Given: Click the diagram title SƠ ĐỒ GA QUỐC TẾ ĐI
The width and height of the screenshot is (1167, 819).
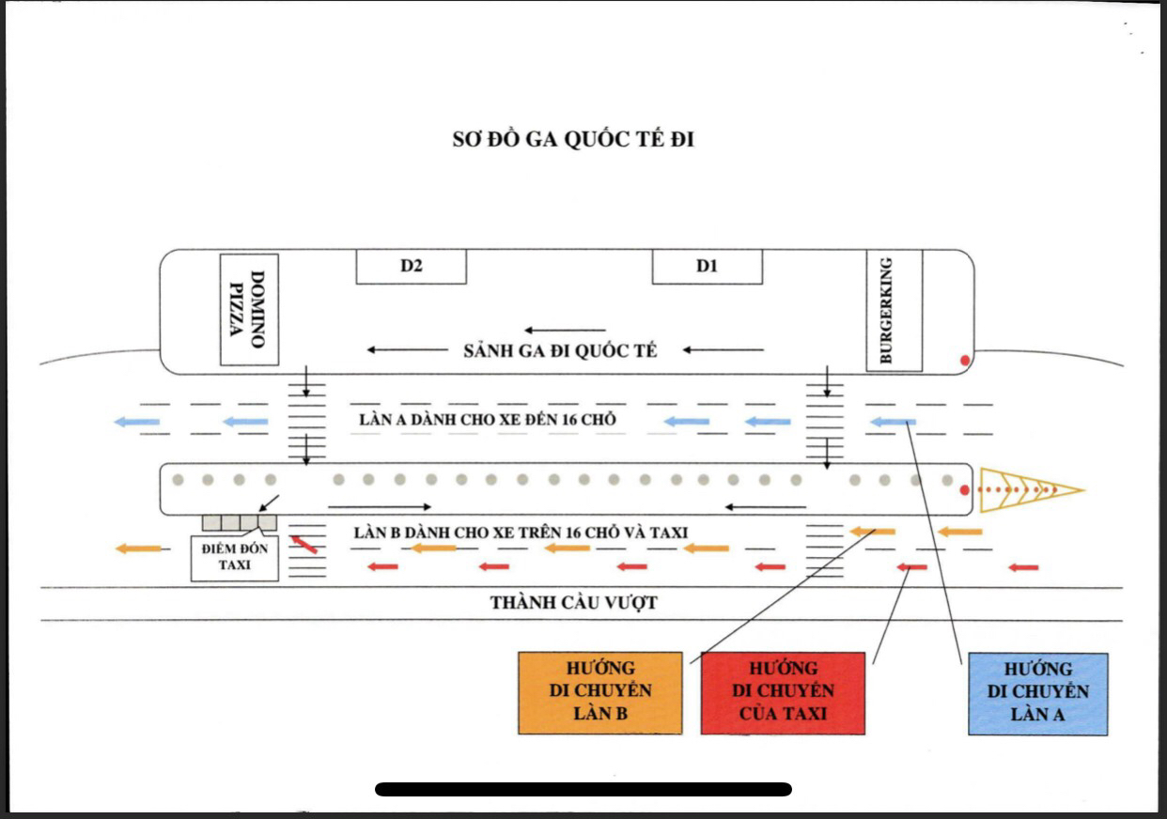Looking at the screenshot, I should (573, 141).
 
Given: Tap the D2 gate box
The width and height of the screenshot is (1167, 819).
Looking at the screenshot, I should (411, 267).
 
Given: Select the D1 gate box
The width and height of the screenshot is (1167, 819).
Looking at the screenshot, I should (707, 267).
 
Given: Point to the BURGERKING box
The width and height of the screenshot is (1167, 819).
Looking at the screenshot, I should (894, 310).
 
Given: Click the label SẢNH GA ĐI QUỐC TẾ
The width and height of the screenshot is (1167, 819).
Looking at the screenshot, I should (560, 351).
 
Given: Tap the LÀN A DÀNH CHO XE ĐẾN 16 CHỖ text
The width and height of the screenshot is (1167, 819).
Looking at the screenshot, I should (487, 420).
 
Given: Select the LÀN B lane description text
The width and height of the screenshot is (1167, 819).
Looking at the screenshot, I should (521, 533).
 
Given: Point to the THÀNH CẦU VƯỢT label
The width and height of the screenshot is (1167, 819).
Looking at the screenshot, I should (573, 603).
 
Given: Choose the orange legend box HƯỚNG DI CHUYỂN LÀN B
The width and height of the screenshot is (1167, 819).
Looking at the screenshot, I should (599, 692).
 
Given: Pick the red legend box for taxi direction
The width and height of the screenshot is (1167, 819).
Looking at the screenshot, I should (783, 692).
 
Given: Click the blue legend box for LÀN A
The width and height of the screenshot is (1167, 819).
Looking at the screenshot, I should (1037, 692).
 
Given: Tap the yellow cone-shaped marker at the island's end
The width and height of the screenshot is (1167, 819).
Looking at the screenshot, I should (1030, 489).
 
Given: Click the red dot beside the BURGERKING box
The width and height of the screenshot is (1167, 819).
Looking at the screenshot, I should (963, 360).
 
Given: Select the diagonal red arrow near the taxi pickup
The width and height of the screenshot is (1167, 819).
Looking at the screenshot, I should (303, 543).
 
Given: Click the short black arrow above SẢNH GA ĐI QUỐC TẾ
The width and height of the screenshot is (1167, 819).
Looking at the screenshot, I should (565, 330).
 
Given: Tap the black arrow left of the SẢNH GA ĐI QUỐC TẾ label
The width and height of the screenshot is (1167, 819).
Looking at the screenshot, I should (407, 350).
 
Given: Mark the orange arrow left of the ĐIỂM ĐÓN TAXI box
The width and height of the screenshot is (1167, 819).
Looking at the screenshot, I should (138, 549).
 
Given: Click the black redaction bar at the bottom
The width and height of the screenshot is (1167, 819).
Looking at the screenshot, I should (583, 789).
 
